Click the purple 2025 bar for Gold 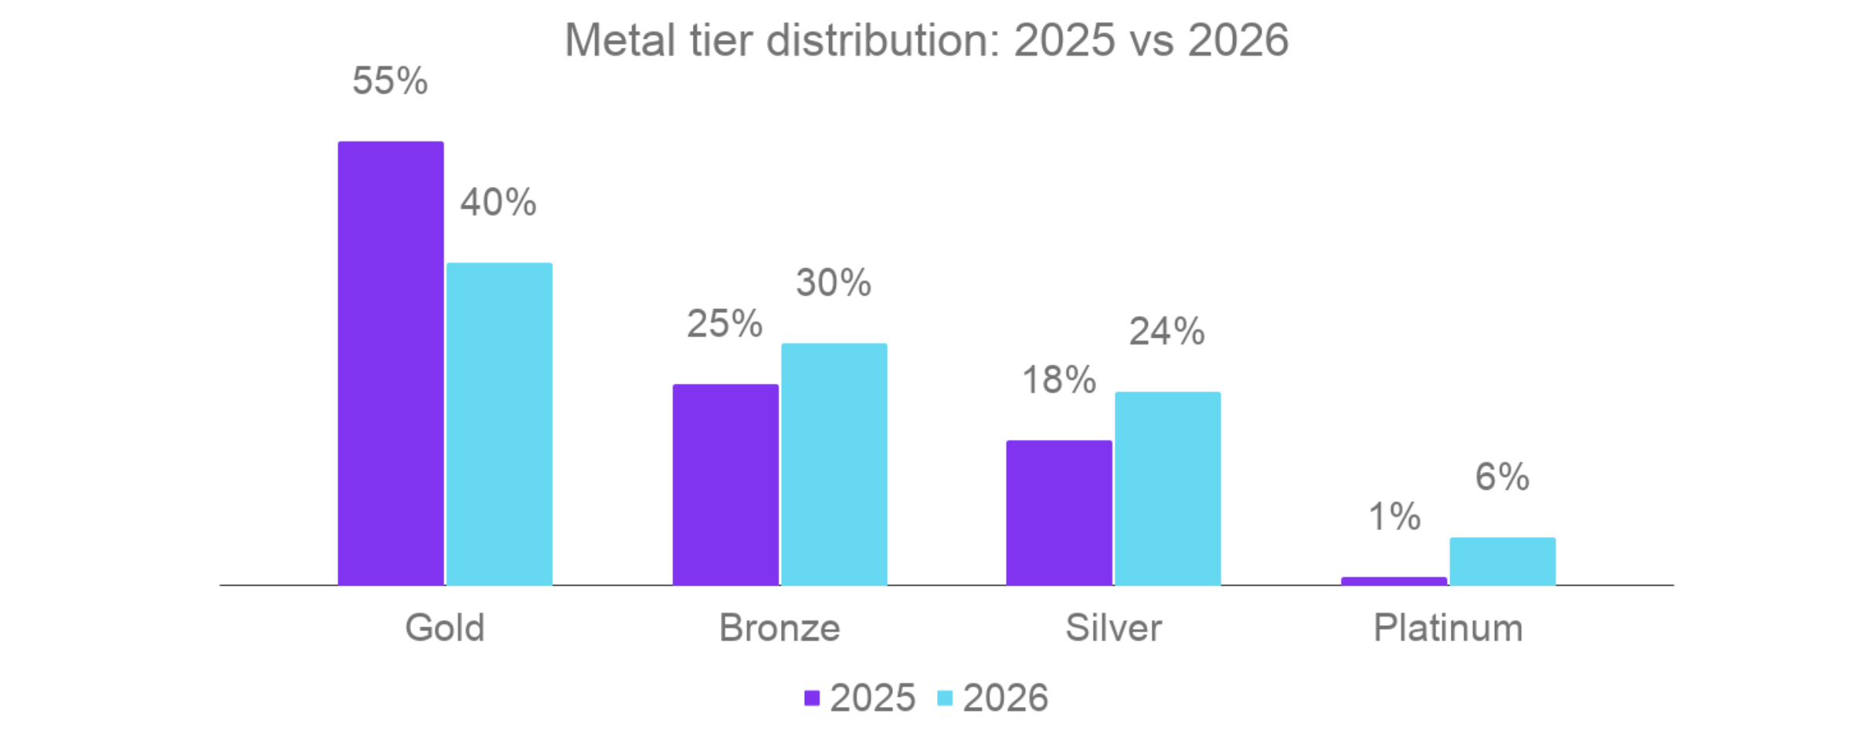(x=391, y=363)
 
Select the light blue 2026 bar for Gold (x=500, y=424)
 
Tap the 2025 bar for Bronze (x=725, y=484)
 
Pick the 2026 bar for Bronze (x=834, y=464)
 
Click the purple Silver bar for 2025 (x=1059, y=513)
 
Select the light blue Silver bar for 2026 (x=1168, y=488)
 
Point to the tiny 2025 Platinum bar (x=1394, y=581)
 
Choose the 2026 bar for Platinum (x=1503, y=562)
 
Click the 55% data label (x=390, y=81)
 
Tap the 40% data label (x=498, y=202)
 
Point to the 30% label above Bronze (x=834, y=283)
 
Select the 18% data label (x=1059, y=380)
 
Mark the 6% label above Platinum (x=1502, y=477)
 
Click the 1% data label (x=1394, y=517)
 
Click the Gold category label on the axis (x=445, y=627)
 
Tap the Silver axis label (x=1113, y=627)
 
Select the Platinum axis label (x=1448, y=627)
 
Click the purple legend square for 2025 (x=812, y=698)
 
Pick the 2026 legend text (x=1005, y=698)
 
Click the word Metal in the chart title (x=620, y=40)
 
